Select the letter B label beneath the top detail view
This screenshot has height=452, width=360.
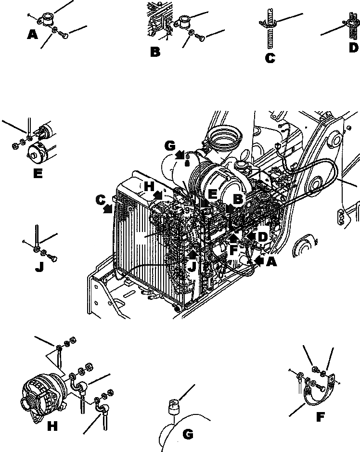click(x=155, y=52)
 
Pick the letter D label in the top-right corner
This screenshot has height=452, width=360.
click(x=353, y=47)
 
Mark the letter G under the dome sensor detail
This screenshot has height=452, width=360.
click(x=188, y=435)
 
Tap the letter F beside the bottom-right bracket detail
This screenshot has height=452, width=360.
click(x=320, y=417)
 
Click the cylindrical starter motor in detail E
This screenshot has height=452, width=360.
click(x=41, y=151)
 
